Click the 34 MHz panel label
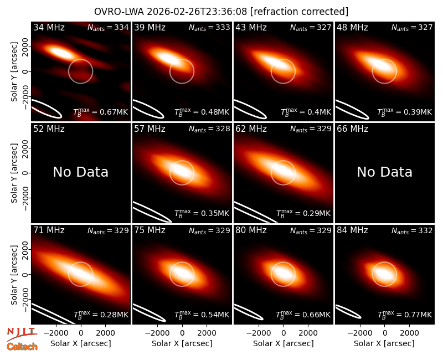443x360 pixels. (49, 27)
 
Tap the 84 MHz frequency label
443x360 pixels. (352, 230)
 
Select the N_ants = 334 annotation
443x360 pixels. (108, 27)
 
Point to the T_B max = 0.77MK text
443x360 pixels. (405, 315)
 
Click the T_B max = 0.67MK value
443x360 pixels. (101, 112)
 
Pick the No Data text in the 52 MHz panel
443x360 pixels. (81, 172)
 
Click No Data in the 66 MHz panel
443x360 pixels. (384, 172)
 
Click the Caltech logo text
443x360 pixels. (22, 347)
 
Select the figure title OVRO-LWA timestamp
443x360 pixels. (221, 12)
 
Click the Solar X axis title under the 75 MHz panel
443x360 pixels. (182, 343)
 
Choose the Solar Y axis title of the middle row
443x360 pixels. (14, 173)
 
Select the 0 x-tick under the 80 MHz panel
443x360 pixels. (284, 333)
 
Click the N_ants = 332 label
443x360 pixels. (412, 230)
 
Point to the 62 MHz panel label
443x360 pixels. (251, 129)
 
